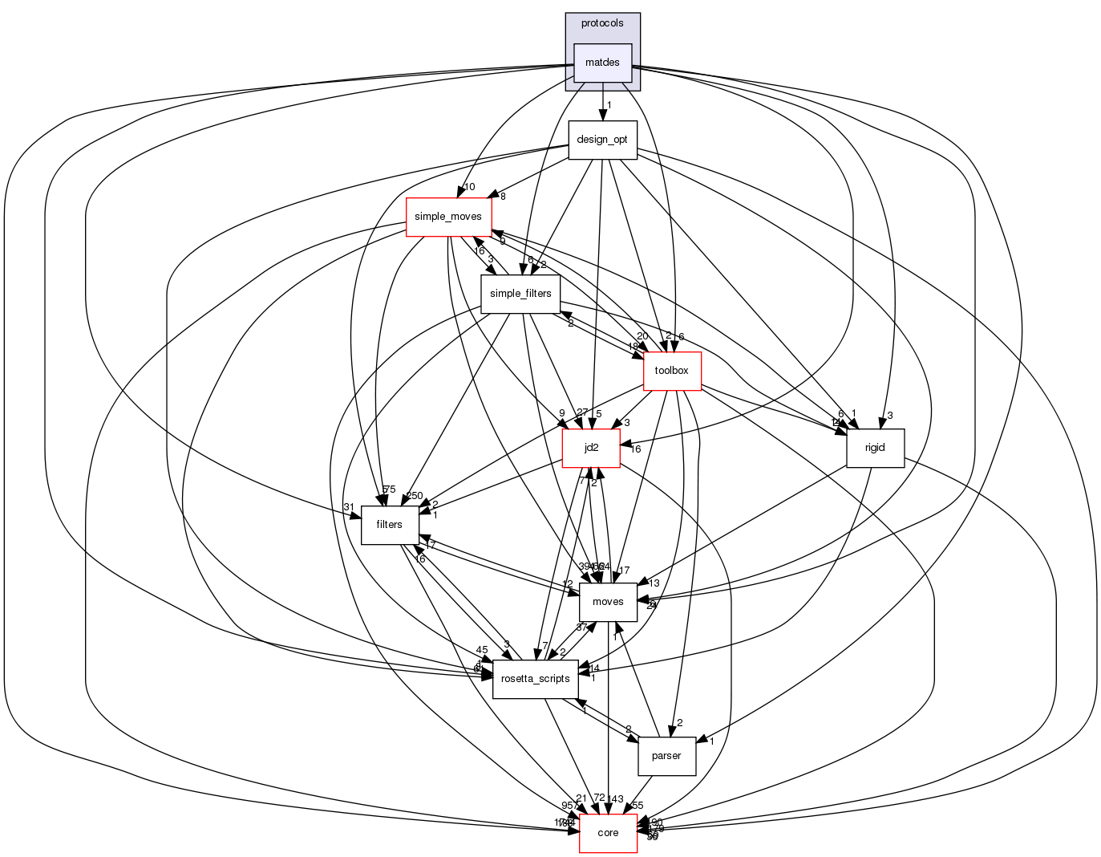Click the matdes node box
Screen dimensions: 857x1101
pos(602,63)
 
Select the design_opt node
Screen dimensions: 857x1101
pos(602,140)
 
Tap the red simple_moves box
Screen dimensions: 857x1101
pos(448,217)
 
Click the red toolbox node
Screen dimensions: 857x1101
pos(672,371)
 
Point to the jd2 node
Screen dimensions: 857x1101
pos(591,448)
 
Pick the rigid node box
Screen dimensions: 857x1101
pos(875,448)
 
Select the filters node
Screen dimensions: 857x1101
pos(389,525)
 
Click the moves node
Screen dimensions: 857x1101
pos(608,602)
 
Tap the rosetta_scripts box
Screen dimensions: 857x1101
pos(535,679)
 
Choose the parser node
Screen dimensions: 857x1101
pos(666,756)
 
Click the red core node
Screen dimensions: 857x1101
pos(608,833)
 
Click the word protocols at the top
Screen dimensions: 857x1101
pos(602,23)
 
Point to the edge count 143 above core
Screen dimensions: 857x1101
pos(615,798)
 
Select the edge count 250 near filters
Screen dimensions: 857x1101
pos(415,496)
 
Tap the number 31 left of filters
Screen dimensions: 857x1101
pos(349,506)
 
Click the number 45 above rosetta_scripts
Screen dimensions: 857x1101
pos(482,650)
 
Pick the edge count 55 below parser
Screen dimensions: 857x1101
pos(638,805)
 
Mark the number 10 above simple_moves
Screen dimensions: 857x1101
pos(469,187)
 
